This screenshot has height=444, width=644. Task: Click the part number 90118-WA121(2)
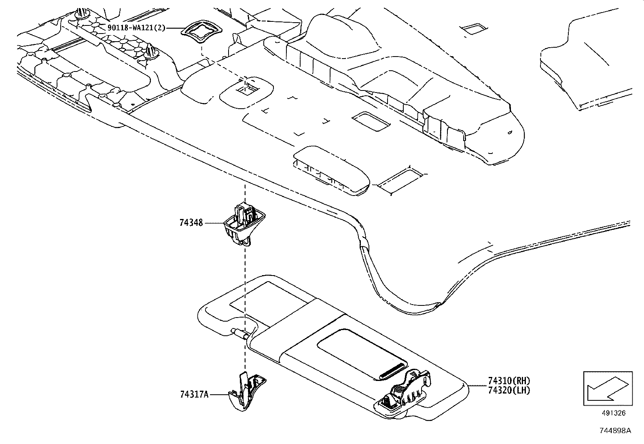(136, 28)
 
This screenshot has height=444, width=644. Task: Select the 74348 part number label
(191, 223)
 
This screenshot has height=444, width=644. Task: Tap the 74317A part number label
(194, 395)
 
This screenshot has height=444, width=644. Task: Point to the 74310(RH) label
(503, 381)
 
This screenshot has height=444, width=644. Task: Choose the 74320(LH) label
(503, 390)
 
